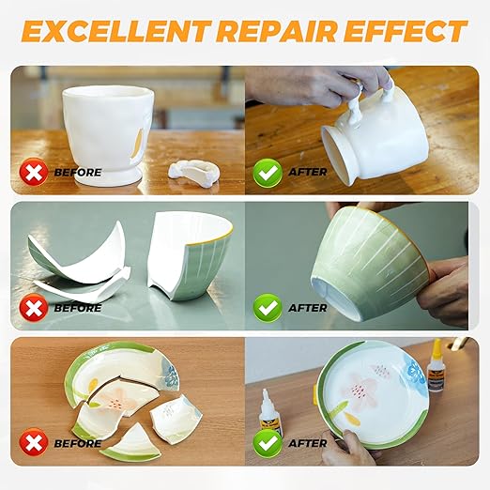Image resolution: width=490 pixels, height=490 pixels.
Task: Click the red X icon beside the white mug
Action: click(35, 173)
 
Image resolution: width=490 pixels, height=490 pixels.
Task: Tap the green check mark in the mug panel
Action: click(268, 173)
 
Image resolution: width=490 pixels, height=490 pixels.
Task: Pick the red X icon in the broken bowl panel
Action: click(35, 308)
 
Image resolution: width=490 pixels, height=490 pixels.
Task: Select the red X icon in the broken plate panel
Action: click(35, 442)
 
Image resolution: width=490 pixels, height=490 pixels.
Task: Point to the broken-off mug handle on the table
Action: click(191, 172)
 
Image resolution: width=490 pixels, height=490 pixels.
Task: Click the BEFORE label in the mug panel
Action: click(77, 174)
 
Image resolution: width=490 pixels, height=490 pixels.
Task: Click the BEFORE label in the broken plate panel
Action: click(77, 443)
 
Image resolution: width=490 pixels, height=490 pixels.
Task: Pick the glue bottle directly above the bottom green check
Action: click(270, 413)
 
